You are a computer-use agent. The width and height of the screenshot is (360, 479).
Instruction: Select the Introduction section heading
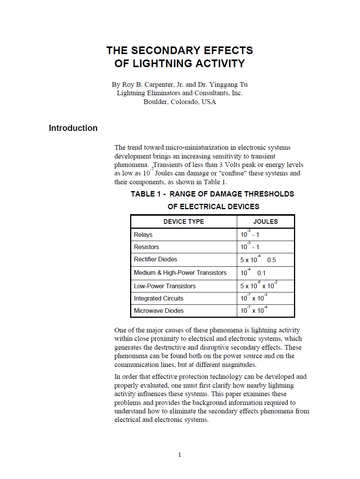coord(73,128)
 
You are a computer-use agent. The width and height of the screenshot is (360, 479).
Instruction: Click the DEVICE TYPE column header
coord(183,221)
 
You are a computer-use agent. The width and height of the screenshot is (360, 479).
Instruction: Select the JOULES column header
coord(265,221)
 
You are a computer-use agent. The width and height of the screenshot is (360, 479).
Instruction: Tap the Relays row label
coord(143,235)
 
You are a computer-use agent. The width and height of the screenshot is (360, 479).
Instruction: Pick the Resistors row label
coord(146,247)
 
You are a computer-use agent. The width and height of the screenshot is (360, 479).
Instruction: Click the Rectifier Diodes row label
coord(155,259)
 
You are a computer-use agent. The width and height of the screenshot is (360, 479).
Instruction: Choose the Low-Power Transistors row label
coord(165,286)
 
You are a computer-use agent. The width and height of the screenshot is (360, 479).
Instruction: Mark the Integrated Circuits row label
coord(159,298)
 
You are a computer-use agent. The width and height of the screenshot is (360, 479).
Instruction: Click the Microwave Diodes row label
coord(159,311)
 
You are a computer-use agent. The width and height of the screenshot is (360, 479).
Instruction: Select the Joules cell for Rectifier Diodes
coord(258,260)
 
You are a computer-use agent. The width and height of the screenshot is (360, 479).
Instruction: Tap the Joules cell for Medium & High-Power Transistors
coord(253,273)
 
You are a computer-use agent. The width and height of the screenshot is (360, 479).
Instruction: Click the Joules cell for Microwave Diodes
coord(254,311)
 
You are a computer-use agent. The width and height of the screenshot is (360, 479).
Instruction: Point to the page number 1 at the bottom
coord(180,455)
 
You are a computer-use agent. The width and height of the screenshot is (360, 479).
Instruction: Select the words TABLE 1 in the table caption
coord(144,194)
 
